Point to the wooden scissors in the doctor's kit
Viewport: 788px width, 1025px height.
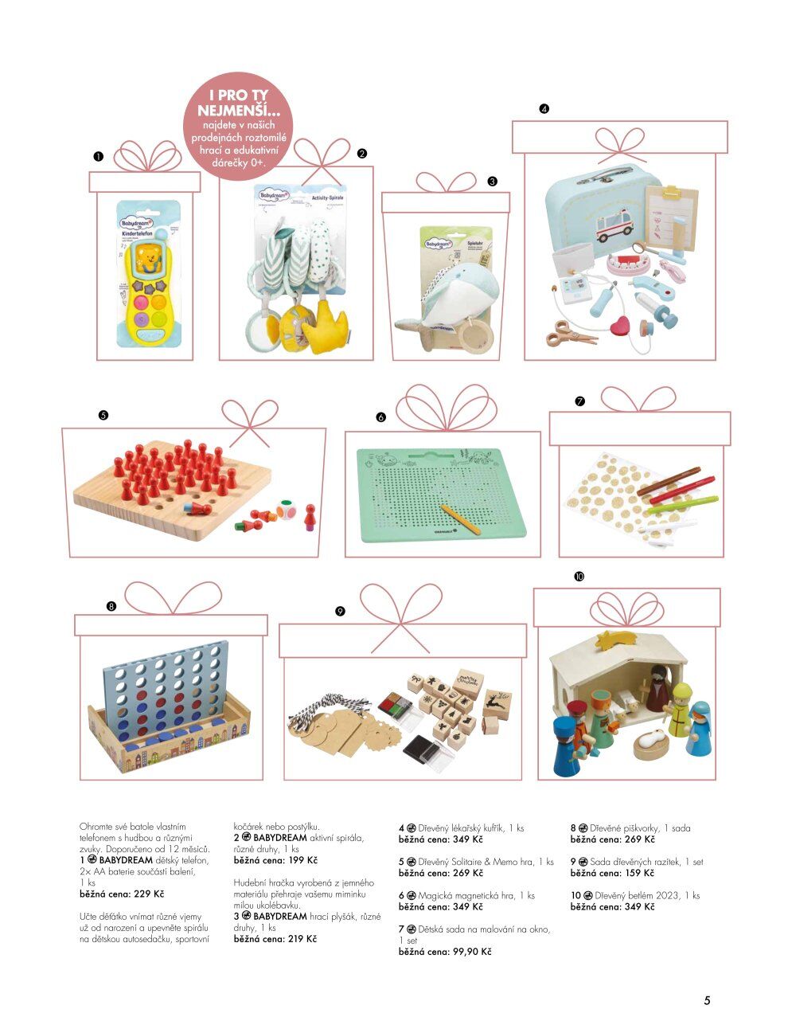click(570, 333)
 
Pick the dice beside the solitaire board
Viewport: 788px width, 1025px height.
click(286, 511)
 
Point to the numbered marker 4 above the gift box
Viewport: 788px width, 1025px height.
click(544, 109)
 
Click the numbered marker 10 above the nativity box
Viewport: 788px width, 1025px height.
click(579, 576)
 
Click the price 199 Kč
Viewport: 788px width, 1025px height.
click(298, 861)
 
